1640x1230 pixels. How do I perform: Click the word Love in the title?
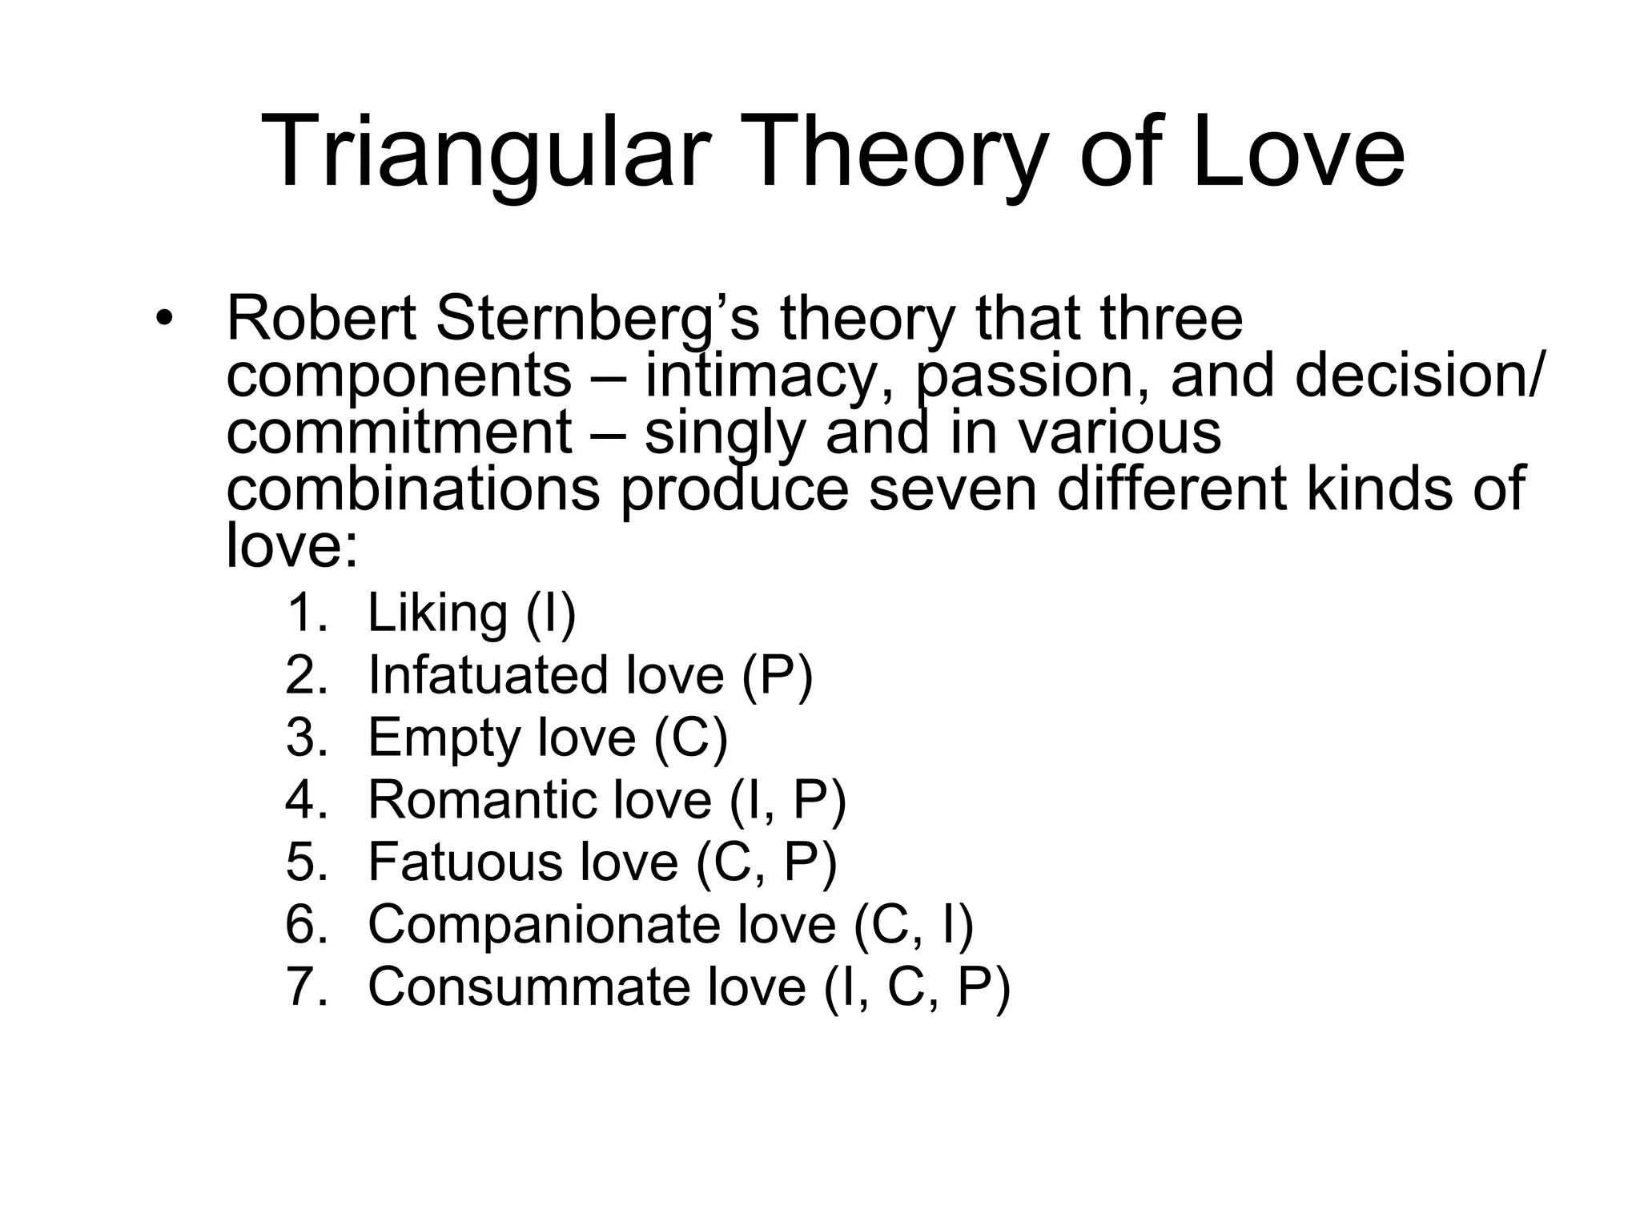click(x=1297, y=152)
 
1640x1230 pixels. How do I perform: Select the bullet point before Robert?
click(x=164, y=319)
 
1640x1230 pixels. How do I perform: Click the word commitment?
click(x=399, y=432)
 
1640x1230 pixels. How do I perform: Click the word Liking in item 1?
click(x=437, y=614)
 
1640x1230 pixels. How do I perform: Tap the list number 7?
click(x=307, y=987)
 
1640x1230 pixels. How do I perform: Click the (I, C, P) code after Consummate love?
click(x=917, y=988)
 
